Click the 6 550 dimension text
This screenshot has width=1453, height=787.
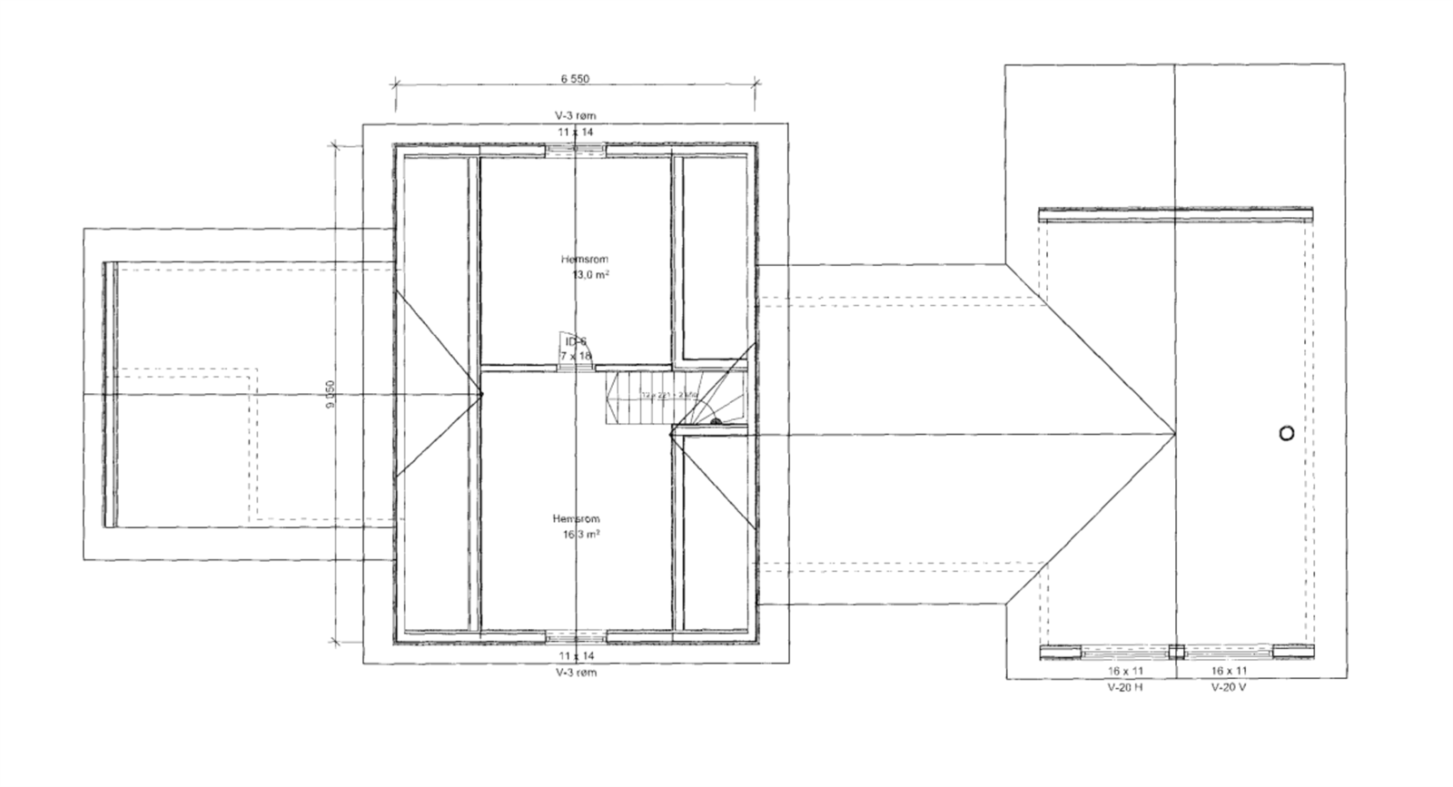575,79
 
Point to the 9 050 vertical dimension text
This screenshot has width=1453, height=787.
331,395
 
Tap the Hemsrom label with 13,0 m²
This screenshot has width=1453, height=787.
584,260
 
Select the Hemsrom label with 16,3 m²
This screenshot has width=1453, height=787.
576,519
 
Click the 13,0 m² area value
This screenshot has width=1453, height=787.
588,274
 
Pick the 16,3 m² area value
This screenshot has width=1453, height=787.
581,535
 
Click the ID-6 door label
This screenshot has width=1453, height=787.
576,342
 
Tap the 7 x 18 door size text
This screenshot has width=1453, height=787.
576,356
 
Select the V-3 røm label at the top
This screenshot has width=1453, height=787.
575,116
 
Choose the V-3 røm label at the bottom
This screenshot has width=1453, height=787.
577,673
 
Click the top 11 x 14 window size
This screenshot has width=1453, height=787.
575,133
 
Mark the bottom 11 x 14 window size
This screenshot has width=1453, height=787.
577,655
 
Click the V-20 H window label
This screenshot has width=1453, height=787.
1124,687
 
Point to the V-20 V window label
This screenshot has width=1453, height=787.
1229,687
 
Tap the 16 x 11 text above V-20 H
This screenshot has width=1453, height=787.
1124,671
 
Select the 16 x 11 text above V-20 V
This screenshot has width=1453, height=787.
1229,671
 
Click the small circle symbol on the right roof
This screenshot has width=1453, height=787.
1286,433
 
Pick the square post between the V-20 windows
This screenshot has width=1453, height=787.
1176,651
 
